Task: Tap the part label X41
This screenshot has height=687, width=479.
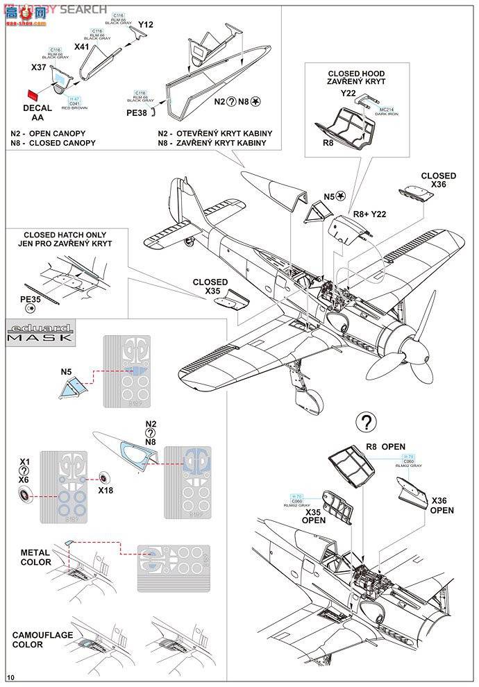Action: [83, 47]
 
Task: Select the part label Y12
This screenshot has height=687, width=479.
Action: [145, 25]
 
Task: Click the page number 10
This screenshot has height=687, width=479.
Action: [10, 677]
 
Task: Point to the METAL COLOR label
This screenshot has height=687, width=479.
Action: [35, 557]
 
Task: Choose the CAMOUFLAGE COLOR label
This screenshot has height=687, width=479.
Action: [37, 639]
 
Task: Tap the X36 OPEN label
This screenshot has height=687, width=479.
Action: [442, 505]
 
